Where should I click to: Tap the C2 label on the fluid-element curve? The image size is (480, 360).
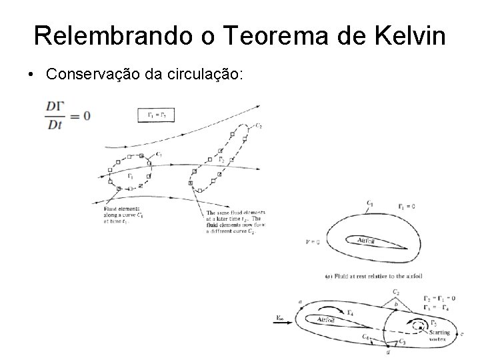[257, 125]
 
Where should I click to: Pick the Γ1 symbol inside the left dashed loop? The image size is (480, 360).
[129, 177]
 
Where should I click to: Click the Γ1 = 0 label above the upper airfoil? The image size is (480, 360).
[406, 206]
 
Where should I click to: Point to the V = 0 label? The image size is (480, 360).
[311, 242]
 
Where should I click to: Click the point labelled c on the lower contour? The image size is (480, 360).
[462, 333]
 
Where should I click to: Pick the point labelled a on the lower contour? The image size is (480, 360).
[300, 302]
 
